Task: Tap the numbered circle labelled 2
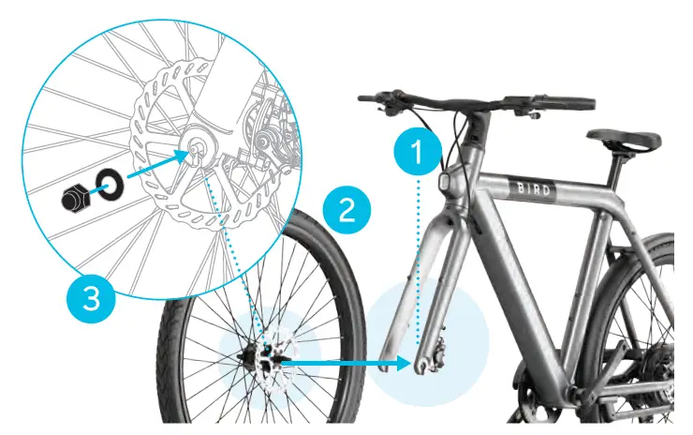point(346,208)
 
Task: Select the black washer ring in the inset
point(109,182)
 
